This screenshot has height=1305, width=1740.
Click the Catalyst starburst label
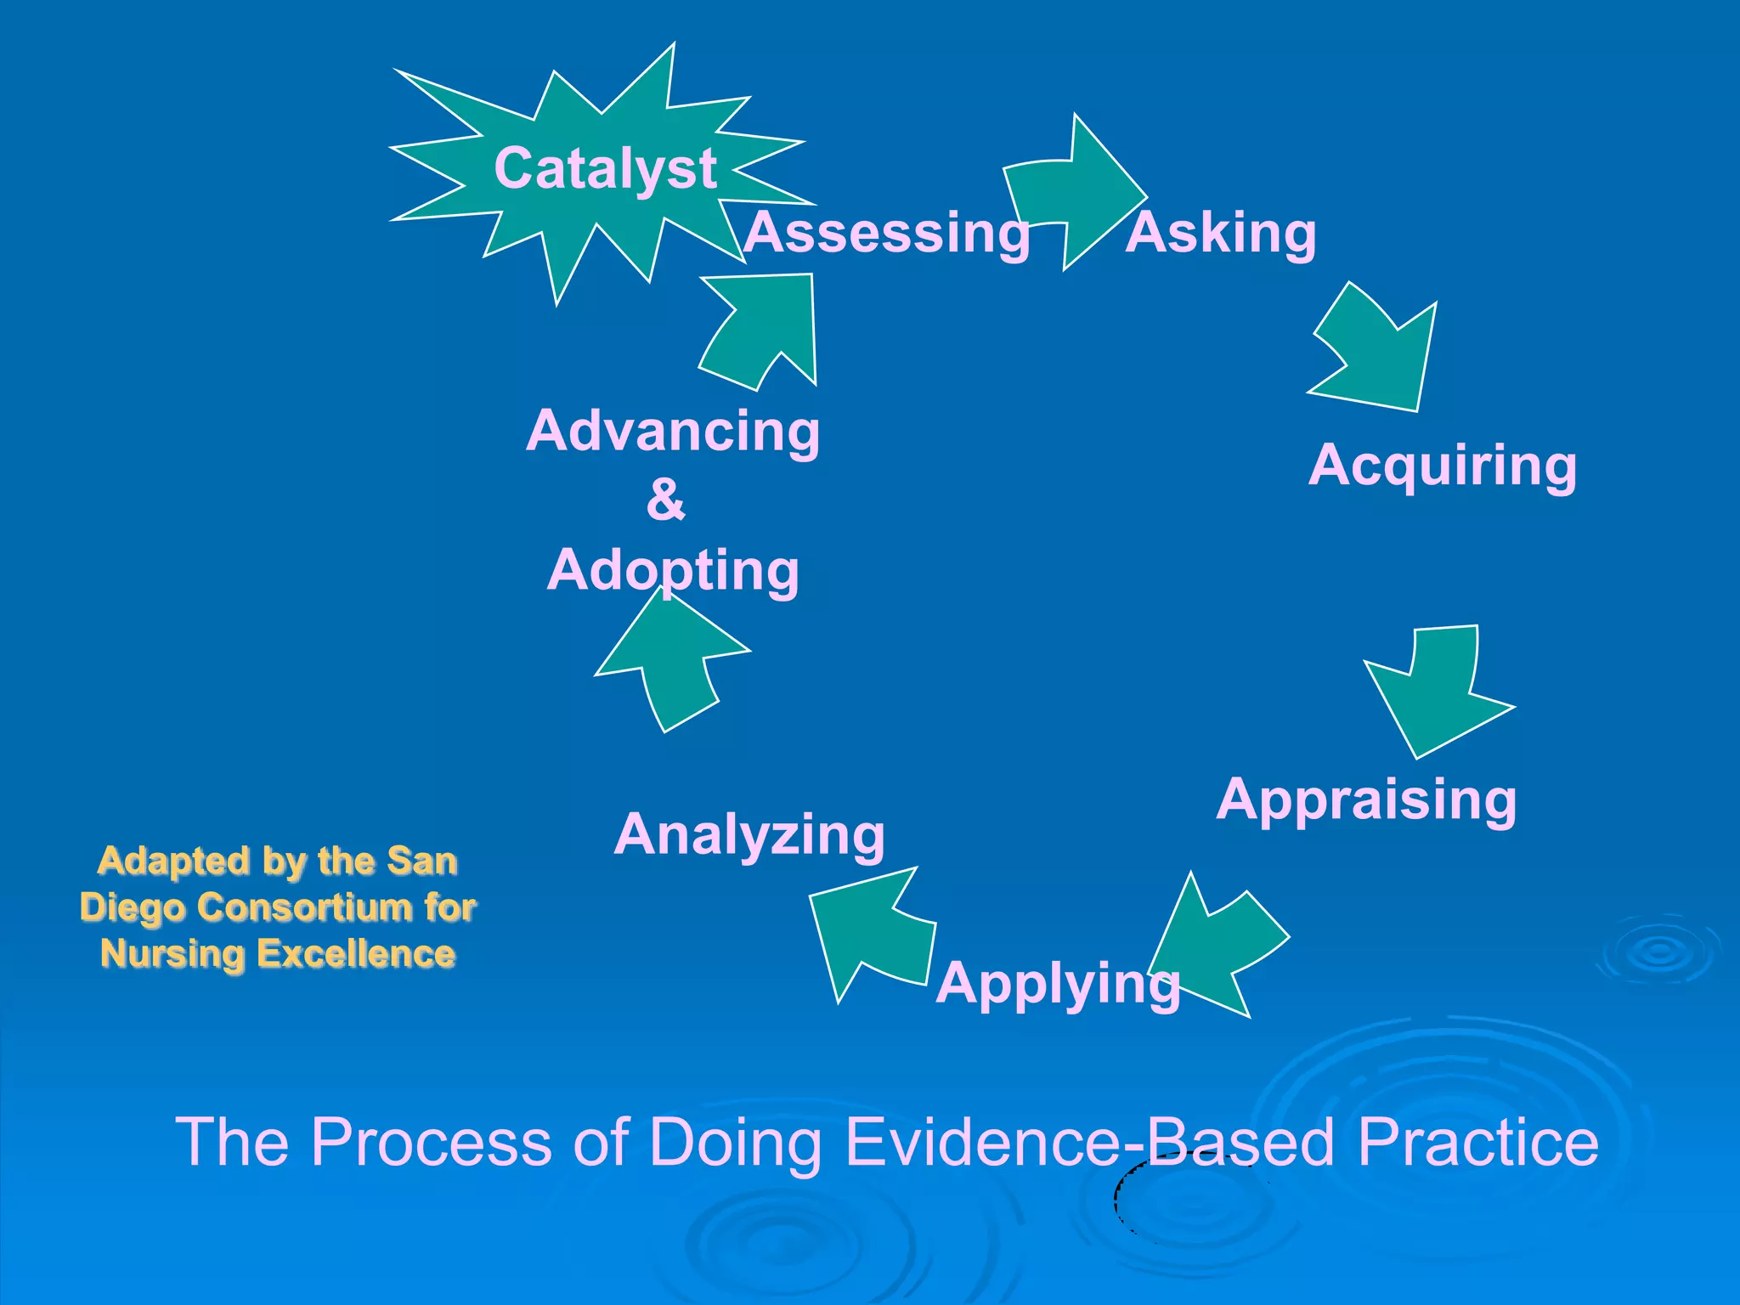[605, 168]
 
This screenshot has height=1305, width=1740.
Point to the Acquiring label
[1443, 466]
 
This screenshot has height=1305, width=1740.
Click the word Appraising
[1366, 799]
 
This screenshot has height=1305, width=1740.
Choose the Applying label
[1058, 983]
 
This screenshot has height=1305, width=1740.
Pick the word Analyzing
[749, 834]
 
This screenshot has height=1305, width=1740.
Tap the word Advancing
[673, 431]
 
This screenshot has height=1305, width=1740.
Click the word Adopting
[673, 570]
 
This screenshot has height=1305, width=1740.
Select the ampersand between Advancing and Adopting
[665, 500]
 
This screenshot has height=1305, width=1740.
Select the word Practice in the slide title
[1478, 1142]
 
